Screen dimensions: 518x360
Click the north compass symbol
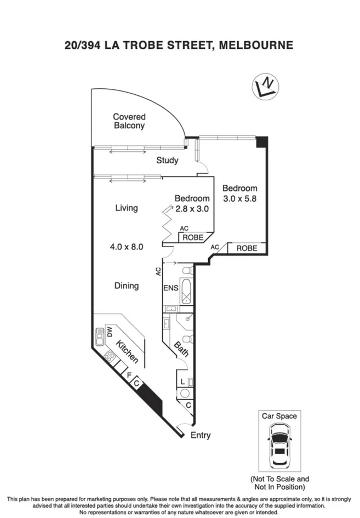[x=265, y=86]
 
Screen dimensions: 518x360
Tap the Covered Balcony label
[x=129, y=121]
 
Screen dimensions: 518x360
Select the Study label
[x=167, y=161]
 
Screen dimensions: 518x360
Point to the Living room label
[x=126, y=208]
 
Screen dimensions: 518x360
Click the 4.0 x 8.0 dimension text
[x=126, y=247]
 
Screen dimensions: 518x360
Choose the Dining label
[x=126, y=286]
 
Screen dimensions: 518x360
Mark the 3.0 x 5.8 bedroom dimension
[x=239, y=198]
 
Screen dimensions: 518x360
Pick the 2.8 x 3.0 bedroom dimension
[x=192, y=208]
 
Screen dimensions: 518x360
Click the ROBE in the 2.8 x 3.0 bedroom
[x=193, y=237]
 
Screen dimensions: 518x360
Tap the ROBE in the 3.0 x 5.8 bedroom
[x=247, y=248]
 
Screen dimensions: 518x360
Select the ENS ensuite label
[x=170, y=288]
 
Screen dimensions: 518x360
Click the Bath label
[x=181, y=350]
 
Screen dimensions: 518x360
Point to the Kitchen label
[x=127, y=351]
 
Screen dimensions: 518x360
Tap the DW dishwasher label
[x=109, y=332]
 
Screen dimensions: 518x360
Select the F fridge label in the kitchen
[x=129, y=375]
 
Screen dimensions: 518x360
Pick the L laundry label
[x=182, y=382]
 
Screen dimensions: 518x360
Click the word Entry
[x=200, y=435]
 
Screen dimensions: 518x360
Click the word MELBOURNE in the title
[x=255, y=45]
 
